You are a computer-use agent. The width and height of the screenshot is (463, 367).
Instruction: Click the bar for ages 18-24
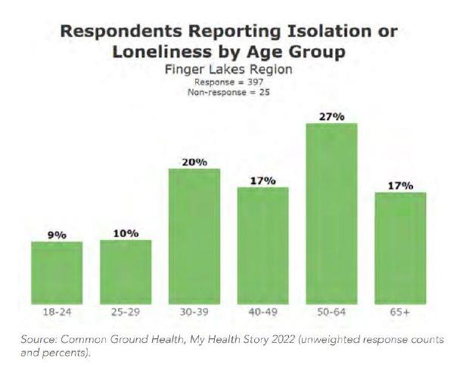pyautogui.click(x=57, y=273)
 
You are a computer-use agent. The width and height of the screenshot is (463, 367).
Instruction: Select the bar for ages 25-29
pyautogui.click(x=126, y=272)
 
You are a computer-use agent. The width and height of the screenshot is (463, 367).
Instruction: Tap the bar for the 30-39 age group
pyautogui.click(x=194, y=236)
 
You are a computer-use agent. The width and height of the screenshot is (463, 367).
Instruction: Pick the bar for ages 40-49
pyautogui.click(x=263, y=245)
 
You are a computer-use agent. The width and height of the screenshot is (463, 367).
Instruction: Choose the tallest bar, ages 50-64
pyautogui.click(x=331, y=214)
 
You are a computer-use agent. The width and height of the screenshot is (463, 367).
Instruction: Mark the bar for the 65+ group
pyautogui.click(x=400, y=248)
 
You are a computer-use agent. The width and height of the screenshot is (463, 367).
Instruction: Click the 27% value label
pyautogui.click(x=331, y=117)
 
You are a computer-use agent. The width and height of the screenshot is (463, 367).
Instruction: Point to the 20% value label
pyautogui.click(x=194, y=162)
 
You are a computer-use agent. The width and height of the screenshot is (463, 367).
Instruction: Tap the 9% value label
pyautogui.click(x=57, y=236)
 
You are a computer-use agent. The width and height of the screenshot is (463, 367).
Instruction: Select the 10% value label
pyautogui.click(x=126, y=234)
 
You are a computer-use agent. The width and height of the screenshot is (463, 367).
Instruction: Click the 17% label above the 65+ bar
pyautogui.click(x=400, y=186)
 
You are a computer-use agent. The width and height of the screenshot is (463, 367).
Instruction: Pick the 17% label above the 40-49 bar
pyautogui.click(x=263, y=180)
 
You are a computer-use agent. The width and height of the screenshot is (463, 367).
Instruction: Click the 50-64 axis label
pyautogui.click(x=331, y=312)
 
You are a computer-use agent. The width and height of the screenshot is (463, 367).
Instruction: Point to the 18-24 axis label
pyautogui.click(x=57, y=312)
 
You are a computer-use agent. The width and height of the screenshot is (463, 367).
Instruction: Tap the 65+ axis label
pyautogui.click(x=399, y=312)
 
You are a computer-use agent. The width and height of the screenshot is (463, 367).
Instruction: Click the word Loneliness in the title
pyautogui.click(x=162, y=52)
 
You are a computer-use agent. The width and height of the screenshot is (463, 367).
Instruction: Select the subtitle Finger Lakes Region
pyautogui.click(x=228, y=69)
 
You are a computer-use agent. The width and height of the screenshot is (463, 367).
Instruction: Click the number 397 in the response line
pyautogui.click(x=255, y=82)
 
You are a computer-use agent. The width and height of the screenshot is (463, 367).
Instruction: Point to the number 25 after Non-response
pyautogui.click(x=265, y=92)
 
